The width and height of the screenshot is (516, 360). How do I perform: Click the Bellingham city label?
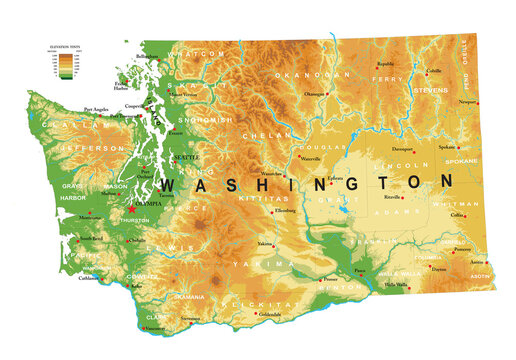pos(148,56)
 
